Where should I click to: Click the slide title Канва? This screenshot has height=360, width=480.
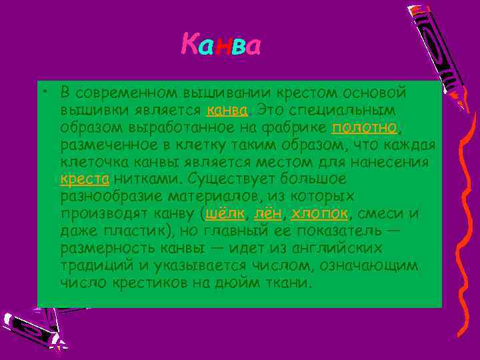(x=221, y=46)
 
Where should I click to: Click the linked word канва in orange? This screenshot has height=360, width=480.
(x=228, y=109)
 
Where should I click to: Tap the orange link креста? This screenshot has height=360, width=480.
(x=85, y=179)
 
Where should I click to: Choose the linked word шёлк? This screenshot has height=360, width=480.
(x=226, y=213)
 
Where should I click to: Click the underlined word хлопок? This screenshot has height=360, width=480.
(x=319, y=213)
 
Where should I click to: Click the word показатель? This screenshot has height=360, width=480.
(x=335, y=231)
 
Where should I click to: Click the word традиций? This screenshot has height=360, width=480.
(x=93, y=265)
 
